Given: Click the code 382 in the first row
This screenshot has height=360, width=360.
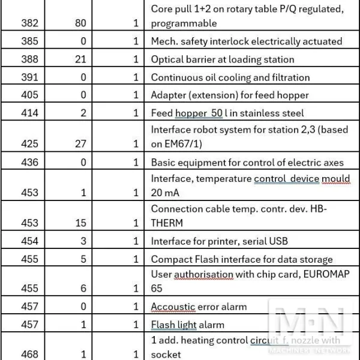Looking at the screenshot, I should coord(29,23).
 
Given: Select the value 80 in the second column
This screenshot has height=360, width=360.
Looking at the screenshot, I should coord(80,23).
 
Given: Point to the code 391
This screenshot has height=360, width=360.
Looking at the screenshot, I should coord(29,77).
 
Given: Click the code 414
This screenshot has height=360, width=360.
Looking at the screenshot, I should coord(29,113).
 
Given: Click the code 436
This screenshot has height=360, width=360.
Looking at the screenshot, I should coord(29,162).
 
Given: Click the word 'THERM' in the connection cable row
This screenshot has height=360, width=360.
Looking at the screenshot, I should coord(167,223).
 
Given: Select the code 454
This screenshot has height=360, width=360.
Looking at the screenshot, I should coord(29,241).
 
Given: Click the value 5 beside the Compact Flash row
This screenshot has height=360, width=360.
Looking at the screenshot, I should coord(83,259).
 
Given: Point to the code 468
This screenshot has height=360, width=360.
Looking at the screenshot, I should coord(29,355).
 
